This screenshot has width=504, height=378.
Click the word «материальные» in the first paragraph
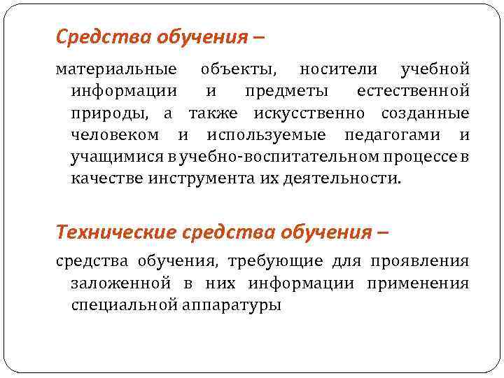point(116,71)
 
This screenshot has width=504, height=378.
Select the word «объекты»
point(239,71)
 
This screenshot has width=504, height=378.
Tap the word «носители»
point(339,71)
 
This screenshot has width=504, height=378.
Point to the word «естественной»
point(412,92)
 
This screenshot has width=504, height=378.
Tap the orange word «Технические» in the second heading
point(117,231)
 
